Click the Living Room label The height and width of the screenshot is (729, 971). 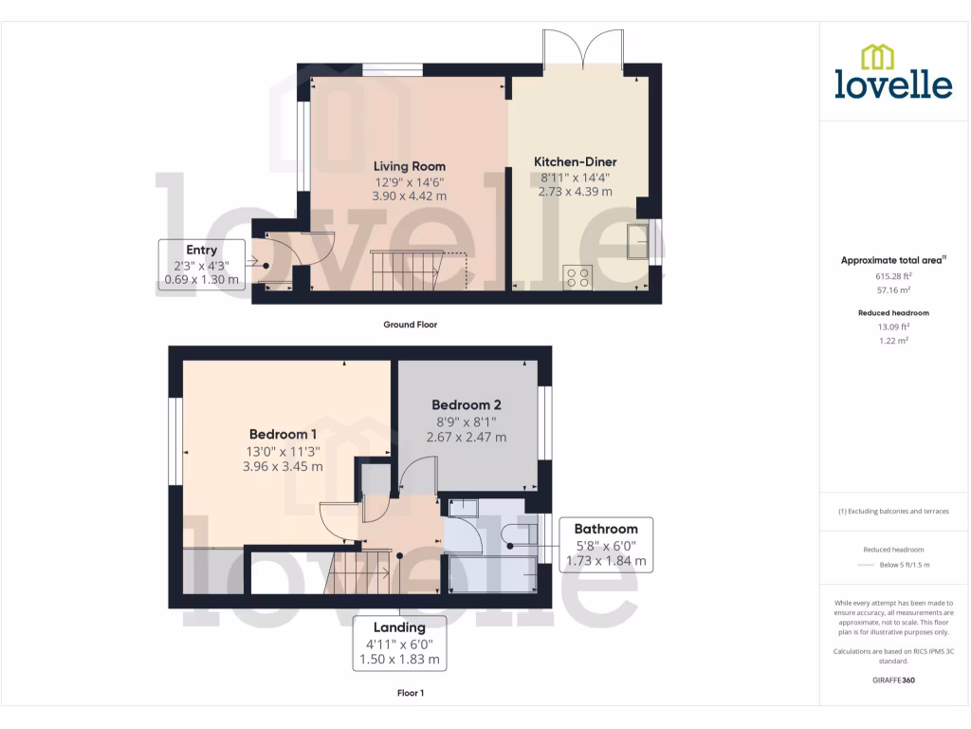click(x=409, y=166)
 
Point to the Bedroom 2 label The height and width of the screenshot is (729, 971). click(x=467, y=405)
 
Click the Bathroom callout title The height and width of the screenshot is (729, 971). click(x=606, y=529)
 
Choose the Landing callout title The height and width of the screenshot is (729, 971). click(x=398, y=626)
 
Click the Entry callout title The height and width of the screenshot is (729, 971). click(x=201, y=250)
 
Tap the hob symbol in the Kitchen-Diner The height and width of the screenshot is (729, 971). click(x=577, y=276)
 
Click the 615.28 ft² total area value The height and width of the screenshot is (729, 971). click(x=893, y=277)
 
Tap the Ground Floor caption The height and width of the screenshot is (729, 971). click(x=410, y=325)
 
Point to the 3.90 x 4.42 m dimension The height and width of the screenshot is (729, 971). click(x=409, y=196)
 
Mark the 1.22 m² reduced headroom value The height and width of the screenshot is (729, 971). click(x=893, y=340)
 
